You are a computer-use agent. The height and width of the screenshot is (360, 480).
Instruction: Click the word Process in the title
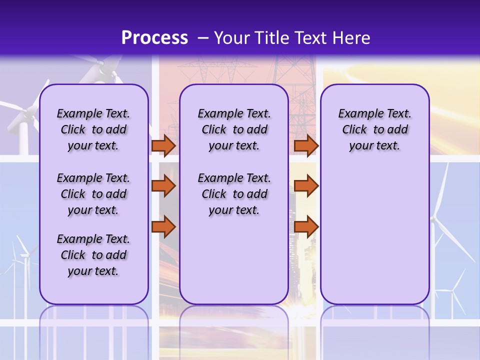click(x=154, y=38)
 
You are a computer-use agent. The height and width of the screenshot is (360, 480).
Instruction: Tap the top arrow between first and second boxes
click(x=163, y=146)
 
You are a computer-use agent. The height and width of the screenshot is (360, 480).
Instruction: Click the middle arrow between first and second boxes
click(x=163, y=186)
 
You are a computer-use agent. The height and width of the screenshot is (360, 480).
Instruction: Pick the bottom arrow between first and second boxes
click(x=163, y=226)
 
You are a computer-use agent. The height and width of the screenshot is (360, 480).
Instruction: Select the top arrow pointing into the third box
click(x=306, y=146)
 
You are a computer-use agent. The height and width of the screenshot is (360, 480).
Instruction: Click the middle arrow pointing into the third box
click(x=306, y=186)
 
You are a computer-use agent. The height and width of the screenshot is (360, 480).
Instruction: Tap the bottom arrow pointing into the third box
click(x=306, y=226)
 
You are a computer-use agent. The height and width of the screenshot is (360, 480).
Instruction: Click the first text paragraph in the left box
click(x=93, y=129)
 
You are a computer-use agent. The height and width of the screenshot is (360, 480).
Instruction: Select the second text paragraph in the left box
click(x=93, y=194)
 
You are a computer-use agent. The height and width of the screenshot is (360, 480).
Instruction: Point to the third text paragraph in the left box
click(x=93, y=255)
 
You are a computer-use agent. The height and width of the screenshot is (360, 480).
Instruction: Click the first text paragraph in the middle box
click(x=234, y=129)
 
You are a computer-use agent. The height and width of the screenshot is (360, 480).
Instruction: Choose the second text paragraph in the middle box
click(x=234, y=194)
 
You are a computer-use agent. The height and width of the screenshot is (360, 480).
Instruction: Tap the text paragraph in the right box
click(x=374, y=129)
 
